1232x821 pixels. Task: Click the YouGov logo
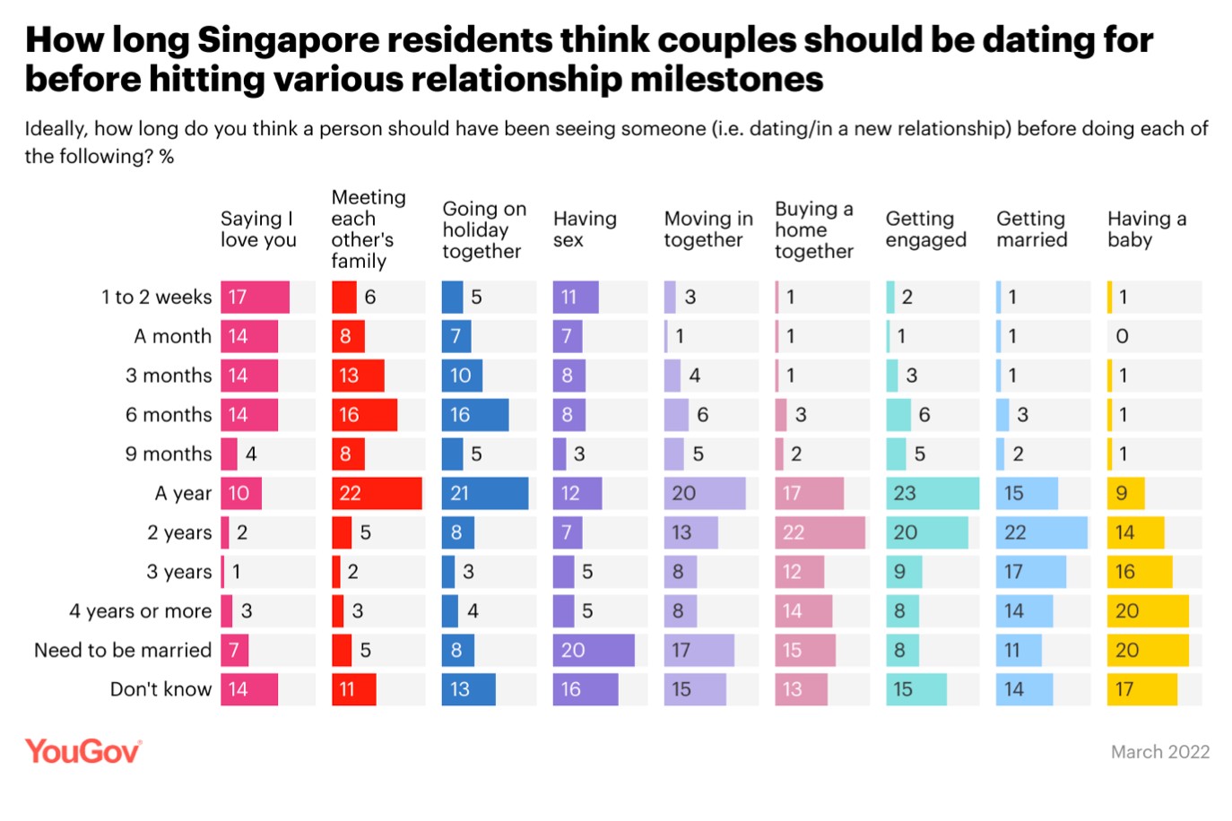[82, 751]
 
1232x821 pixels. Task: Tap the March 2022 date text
[1159, 752]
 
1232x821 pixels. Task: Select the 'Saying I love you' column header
[258, 229]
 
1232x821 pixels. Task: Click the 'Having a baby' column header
[1146, 229]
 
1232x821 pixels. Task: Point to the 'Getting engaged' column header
[925, 229]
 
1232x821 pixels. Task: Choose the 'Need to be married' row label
[123, 650]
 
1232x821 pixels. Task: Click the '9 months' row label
[169, 454]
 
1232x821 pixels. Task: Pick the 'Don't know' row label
[161, 689]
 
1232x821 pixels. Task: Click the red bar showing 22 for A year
[377, 493]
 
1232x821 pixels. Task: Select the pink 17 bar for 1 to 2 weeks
[256, 297]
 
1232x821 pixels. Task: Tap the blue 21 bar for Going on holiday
[485, 493]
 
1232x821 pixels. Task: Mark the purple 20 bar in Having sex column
[594, 650]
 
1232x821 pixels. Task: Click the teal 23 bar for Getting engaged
[933, 493]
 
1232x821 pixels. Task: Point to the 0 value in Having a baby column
[1122, 336]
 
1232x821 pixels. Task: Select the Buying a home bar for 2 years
[820, 532]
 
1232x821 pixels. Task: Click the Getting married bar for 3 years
[1031, 572]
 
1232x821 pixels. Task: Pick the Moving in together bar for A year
[705, 493]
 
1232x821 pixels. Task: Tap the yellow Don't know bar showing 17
[1142, 689]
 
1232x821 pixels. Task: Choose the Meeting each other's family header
[368, 229]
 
